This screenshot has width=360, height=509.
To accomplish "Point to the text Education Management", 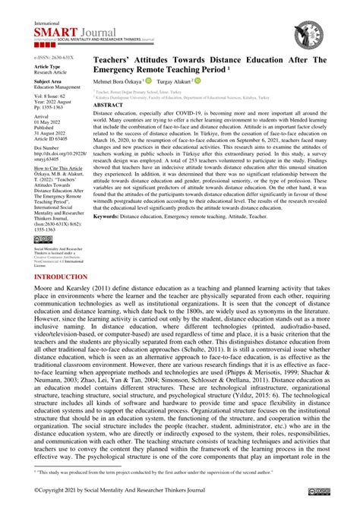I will [55, 87].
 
